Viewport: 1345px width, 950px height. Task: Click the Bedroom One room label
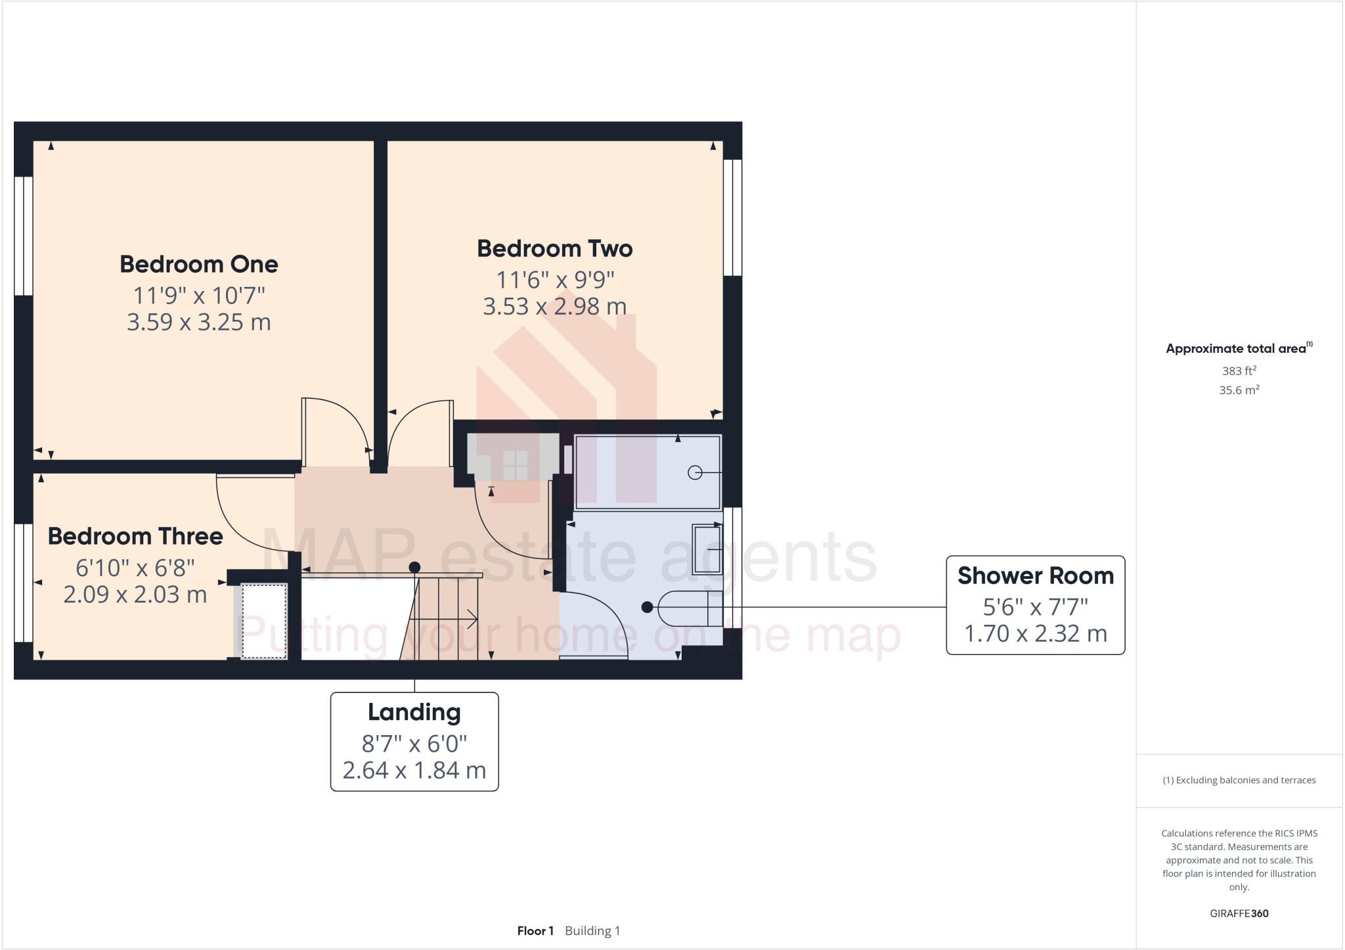(198, 264)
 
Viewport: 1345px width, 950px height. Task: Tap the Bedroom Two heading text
(554, 248)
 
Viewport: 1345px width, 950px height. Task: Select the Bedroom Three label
(135, 536)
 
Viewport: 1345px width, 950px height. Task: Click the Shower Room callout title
(1035, 576)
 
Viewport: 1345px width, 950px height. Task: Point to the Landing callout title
(414, 712)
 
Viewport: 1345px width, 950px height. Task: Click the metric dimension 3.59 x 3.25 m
(198, 322)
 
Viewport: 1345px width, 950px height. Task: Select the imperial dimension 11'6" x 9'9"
(554, 280)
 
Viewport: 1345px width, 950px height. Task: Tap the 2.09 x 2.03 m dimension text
(135, 594)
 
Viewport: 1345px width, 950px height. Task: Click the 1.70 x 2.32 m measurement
(1035, 633)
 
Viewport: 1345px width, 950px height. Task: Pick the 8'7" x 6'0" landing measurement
(414, 744)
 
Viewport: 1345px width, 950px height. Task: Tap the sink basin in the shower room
(708, 549)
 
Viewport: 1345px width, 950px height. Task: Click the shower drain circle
(694, 472)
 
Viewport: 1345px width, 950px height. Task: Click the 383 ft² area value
(1239, 371)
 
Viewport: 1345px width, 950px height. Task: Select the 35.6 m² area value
(1239, 390)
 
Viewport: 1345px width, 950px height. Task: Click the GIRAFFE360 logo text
(1239, 913)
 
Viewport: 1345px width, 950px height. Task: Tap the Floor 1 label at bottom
(535, 931)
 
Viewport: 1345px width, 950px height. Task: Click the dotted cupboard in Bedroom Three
(264, 621)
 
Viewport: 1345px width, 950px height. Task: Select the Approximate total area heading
(1236, 349)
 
